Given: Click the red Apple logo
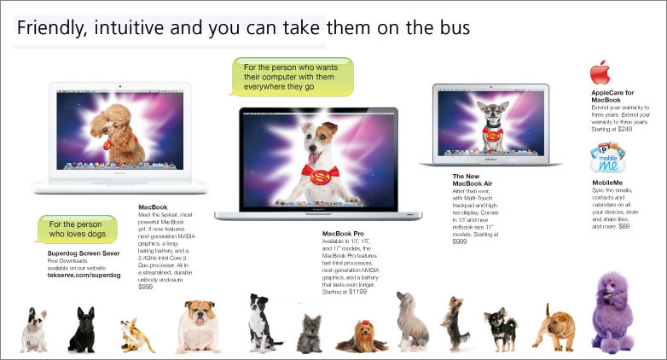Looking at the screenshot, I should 600,72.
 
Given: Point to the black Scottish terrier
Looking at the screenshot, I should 83,330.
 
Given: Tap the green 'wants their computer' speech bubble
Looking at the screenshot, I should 290,74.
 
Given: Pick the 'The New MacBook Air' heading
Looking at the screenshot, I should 473,179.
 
